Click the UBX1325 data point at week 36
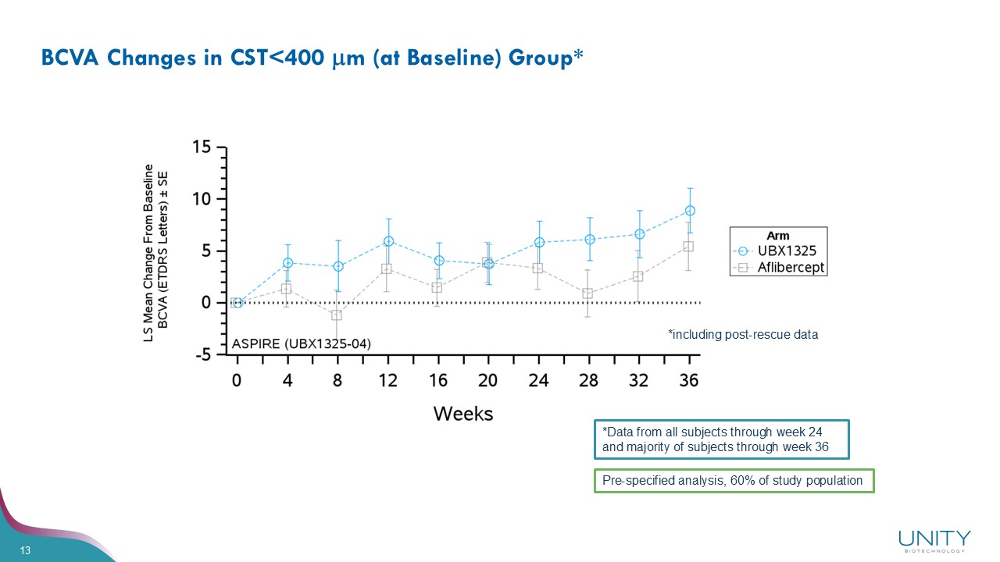(x=690, y=211)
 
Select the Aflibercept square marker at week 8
(x=337, y=315)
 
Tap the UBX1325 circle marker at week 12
(x=388, y=241)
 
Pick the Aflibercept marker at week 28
(x=587, y=293)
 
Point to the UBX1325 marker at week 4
(x=287, y=263)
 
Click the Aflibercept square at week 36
(x=688, y=247)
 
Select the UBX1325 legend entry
(x=787, y=251)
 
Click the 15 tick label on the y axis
(x=202, y=147)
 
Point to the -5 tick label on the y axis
(x=202, y=355)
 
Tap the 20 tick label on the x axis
(x=488, y=380)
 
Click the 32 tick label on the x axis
(x=638, y=380)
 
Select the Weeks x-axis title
(x=463, y=413)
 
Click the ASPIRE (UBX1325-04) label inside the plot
(x=302, y=343)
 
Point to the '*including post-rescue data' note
(x=743, y=334)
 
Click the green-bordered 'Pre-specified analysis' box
(x=733, y=481)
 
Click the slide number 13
(x=25, y=552)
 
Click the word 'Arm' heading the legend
(x=778, y=236)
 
